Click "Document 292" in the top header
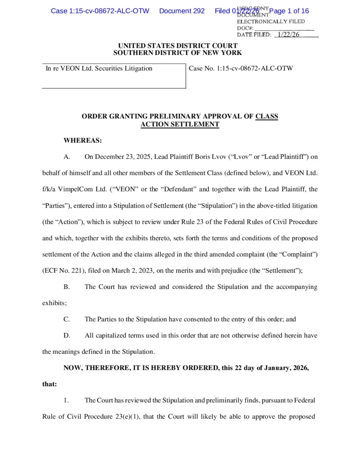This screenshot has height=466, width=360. (182, 11)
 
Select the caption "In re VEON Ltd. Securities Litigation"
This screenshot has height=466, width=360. (99, 69)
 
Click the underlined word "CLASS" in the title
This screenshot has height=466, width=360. (267, 116)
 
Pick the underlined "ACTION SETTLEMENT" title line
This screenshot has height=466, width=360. (180, 124)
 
